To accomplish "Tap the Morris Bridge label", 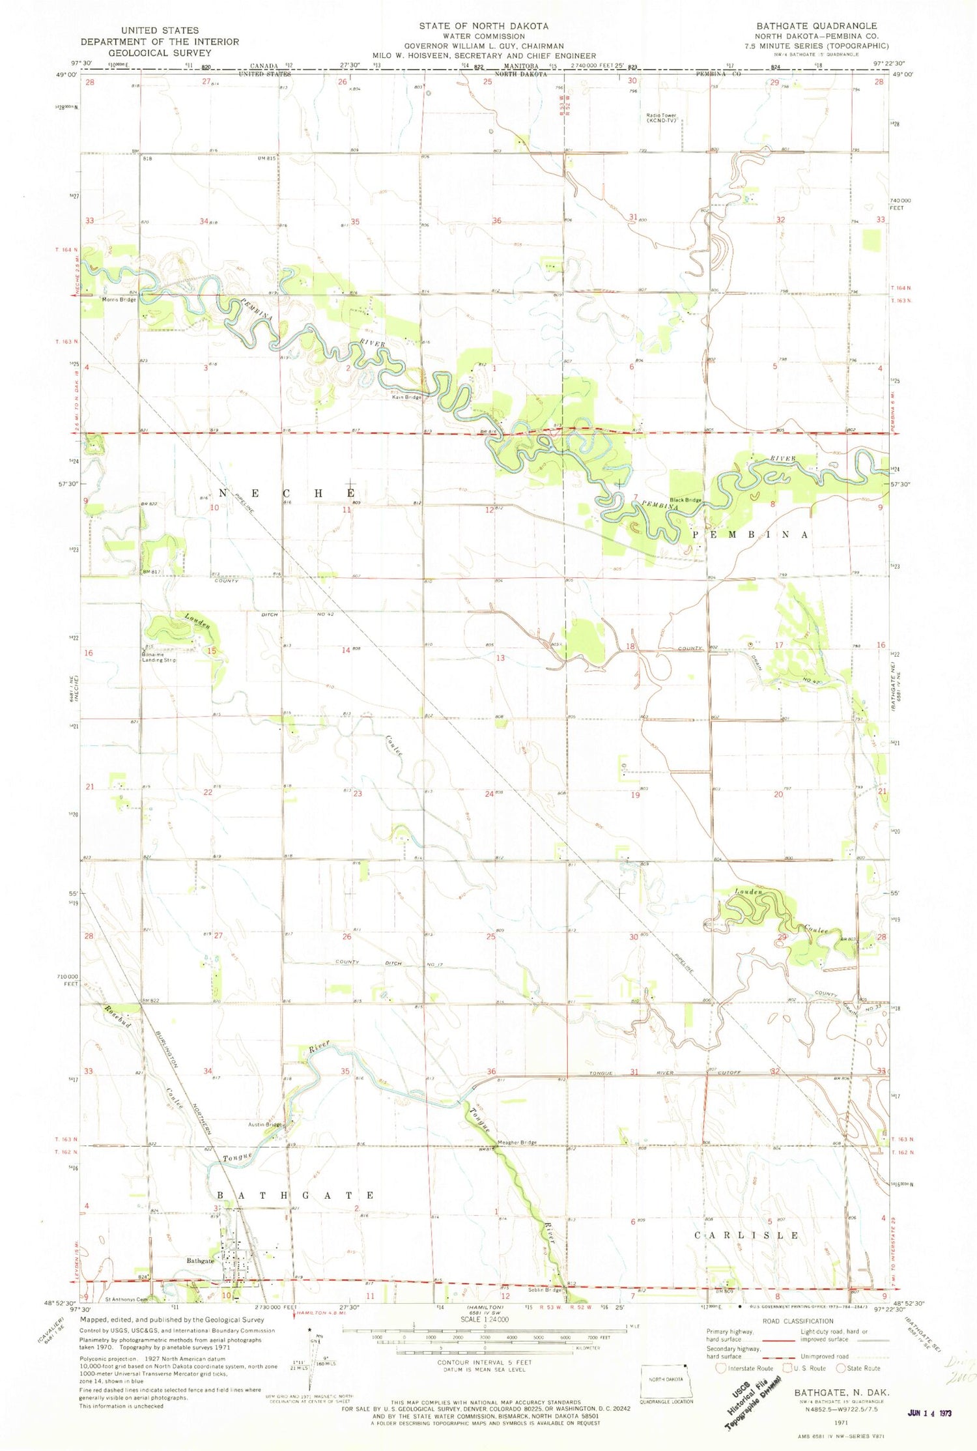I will pos(119,300).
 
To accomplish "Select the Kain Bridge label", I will pos(406,397).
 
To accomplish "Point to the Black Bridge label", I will pos(686,500).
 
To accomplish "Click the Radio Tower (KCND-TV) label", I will pos(661,118).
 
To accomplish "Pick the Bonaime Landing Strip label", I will pos(159,657).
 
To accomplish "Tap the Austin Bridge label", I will pos(264,1125).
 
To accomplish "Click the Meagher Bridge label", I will pos(517,1142).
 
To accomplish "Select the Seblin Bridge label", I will pos(545,1289).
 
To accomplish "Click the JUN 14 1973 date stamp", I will pos(929,1413).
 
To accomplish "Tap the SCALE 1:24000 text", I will pos(485,1319).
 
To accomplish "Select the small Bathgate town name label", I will pos(200,1260).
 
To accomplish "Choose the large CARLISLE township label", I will pos(746,1235).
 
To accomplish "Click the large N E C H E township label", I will pos(287,493).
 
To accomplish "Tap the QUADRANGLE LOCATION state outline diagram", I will pos(666,1383).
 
